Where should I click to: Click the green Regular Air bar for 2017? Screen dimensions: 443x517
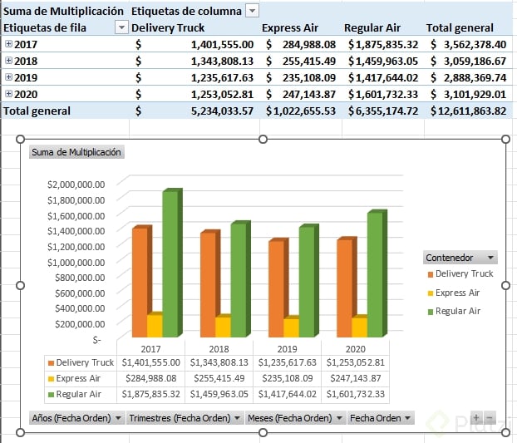(x=170, y=264)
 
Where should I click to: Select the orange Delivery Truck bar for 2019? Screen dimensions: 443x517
(x=277, y=288)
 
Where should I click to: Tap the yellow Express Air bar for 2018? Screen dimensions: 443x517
(x=223, y=326)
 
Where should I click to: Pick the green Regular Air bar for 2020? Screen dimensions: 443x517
(x=375, y=274)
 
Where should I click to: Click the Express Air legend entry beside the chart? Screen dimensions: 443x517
(x=456, y=293)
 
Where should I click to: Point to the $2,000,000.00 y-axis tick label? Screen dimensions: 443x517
(x=76, y=185)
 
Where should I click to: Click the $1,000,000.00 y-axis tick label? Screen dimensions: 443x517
(x=76, y=262)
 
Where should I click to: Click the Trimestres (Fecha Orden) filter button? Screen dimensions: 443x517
(x=184, y=418)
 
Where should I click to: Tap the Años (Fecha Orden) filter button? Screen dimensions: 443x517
(x=76, y=418)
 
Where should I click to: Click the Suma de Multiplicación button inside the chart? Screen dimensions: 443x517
(x=76, y=152)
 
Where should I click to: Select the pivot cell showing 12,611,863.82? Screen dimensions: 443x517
(x=469, y=111)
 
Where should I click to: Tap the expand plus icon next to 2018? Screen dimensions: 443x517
(x=8, y=61)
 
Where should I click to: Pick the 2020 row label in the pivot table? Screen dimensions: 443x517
(x=26, y=94)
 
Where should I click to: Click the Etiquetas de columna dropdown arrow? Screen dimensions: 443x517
(x=252, y=11)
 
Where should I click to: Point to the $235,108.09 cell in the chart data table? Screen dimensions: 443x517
(x=286, y=378)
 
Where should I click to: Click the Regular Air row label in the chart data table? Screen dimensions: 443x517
(x=81, y=394)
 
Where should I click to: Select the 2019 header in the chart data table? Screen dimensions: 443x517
(x=287, y=349)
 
